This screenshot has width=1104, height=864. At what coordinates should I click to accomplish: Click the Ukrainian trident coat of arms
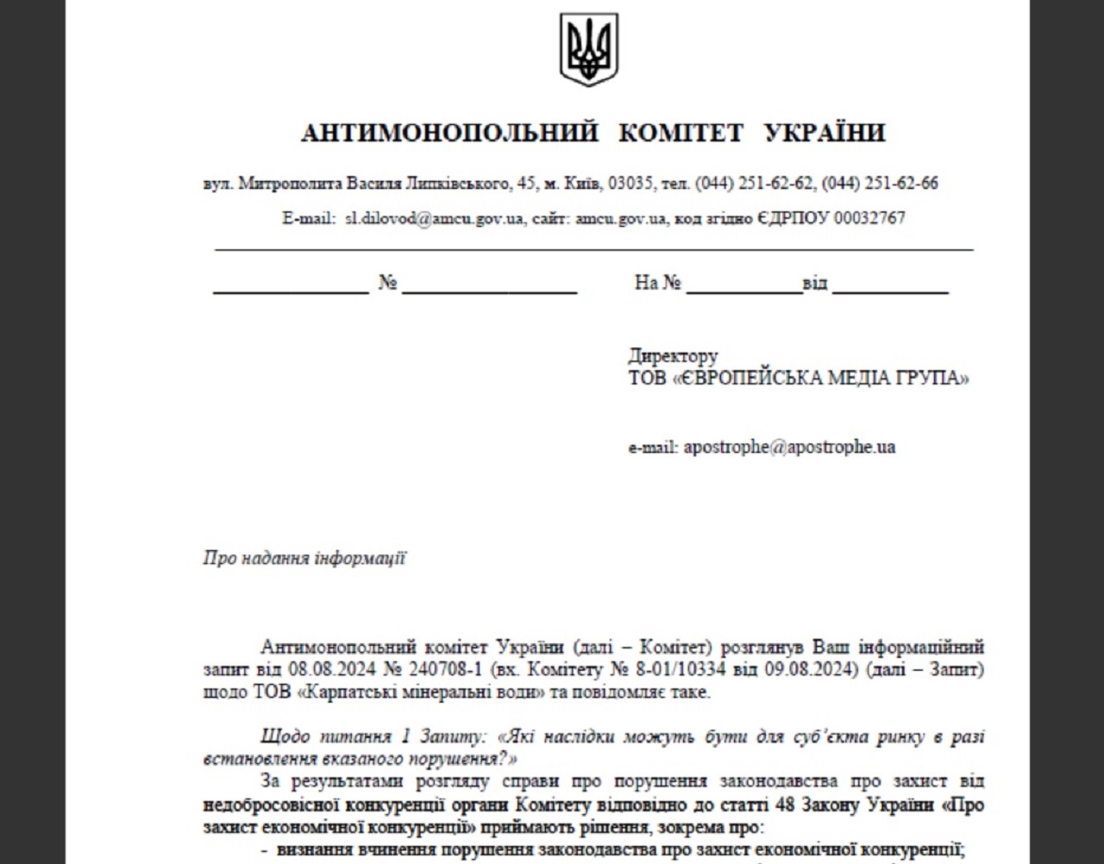coord(589,49)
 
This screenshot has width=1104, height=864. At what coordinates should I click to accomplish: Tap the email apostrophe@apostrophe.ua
coord(789,448)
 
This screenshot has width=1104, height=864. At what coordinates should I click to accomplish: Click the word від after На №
coord(815,283)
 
